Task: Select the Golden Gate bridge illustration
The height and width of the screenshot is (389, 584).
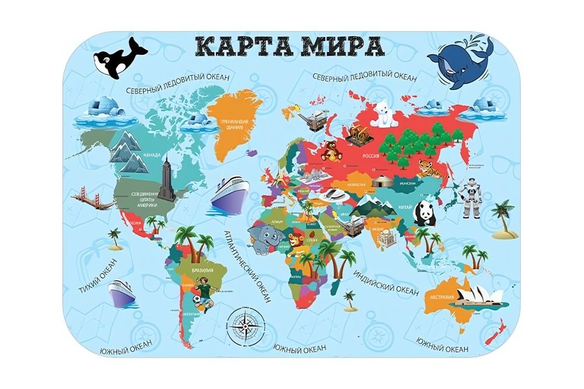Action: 93,199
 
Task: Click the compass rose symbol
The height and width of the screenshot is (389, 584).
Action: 245,325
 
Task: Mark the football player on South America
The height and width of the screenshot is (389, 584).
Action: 204,294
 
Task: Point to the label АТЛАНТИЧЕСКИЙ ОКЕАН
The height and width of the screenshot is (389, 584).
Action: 248,266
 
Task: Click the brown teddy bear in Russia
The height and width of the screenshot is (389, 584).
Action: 331,151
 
